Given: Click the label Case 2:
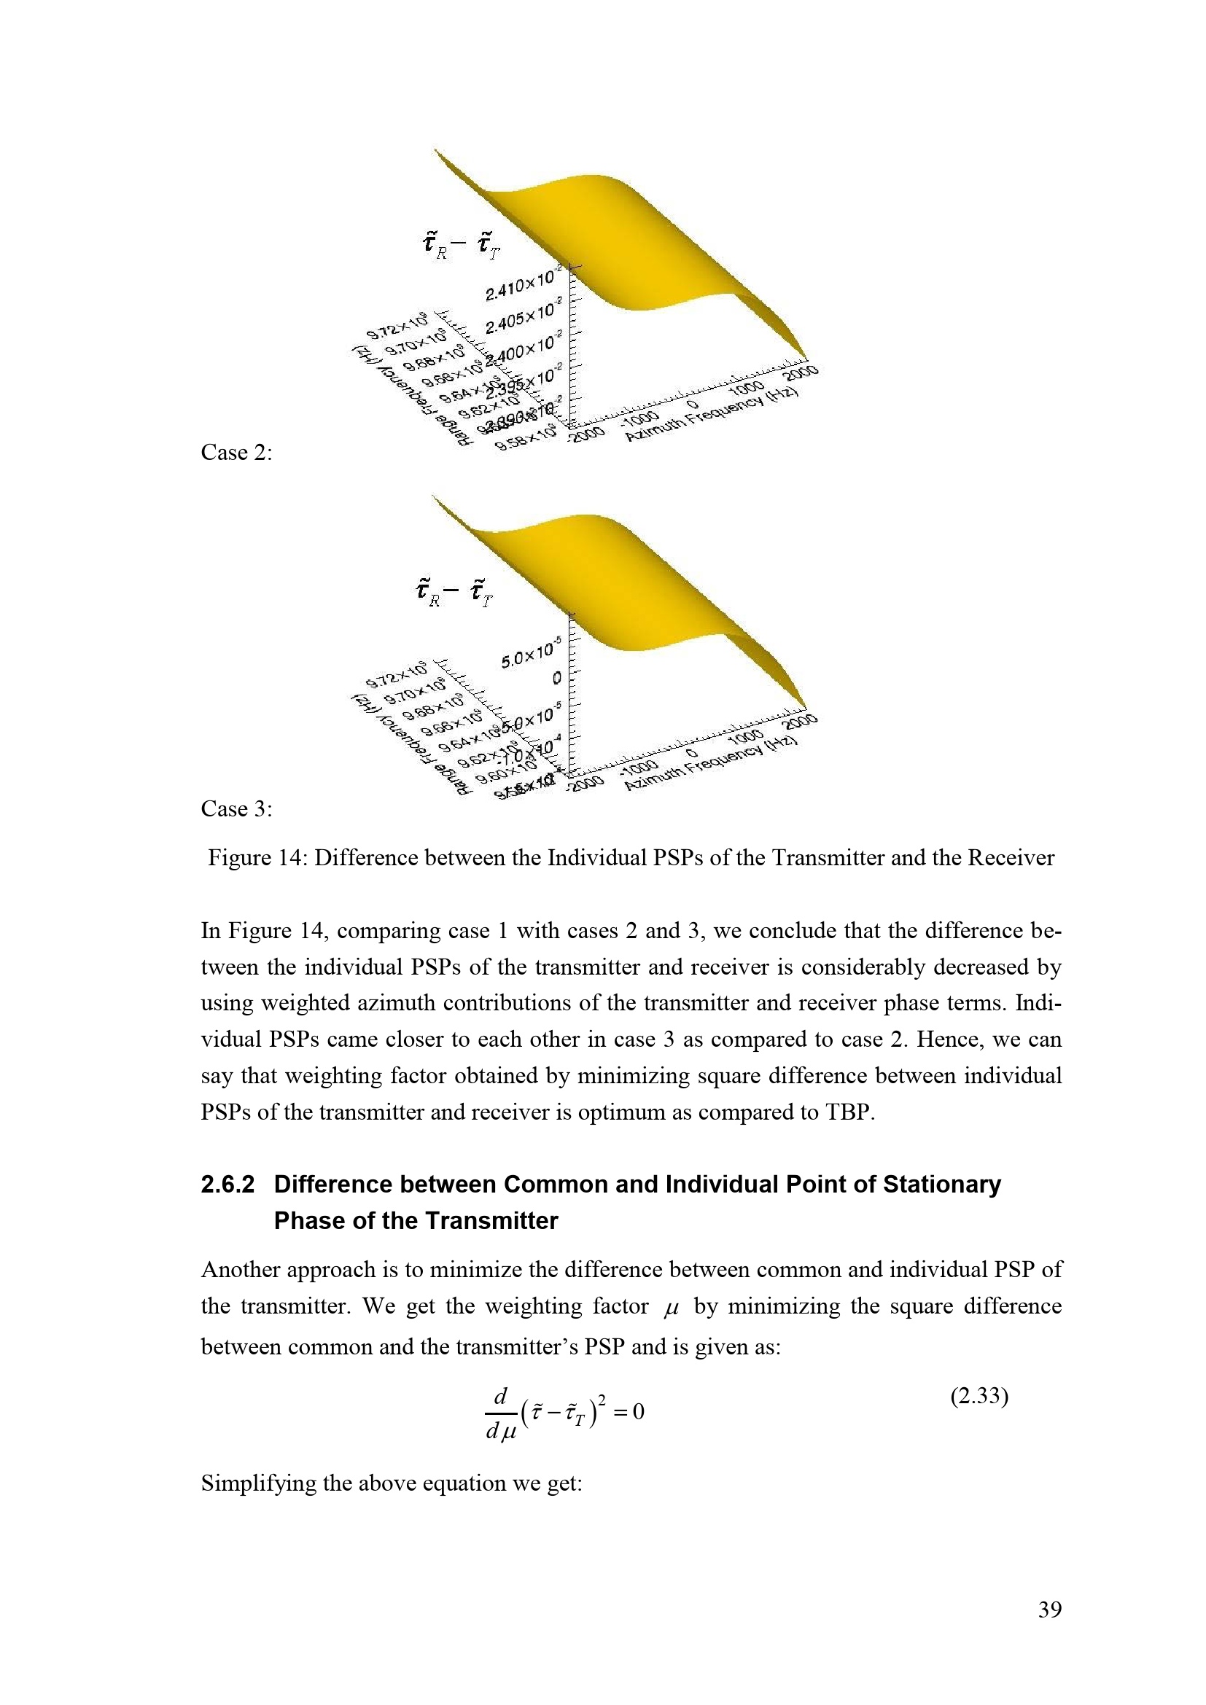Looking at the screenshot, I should [x=236, y=452].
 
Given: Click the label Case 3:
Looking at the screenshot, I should [x=236, y=808].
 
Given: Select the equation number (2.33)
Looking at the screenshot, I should [x=979, y=1397].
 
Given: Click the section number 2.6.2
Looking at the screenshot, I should [x=227, y=1185].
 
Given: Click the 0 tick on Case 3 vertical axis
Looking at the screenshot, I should [x=556, y=679].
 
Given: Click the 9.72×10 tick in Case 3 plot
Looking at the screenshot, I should [x=397, y=676].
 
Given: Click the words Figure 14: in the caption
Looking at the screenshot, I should [x=257, y=859].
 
